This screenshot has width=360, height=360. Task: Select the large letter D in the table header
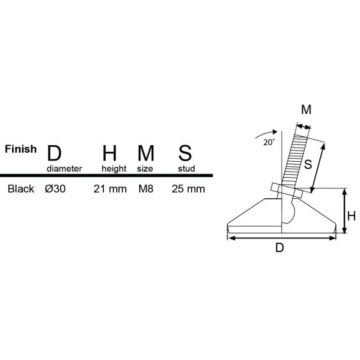point(54,153)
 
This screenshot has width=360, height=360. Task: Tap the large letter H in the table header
point(110,153)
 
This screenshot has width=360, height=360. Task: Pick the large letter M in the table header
point(146,153)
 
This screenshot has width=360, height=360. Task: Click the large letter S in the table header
point(184,153)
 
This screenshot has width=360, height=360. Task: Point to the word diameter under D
point(64,168)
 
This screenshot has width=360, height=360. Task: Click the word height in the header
point(114,168)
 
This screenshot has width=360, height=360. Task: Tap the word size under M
point(145,168)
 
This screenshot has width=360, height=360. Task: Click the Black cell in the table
point(20,189)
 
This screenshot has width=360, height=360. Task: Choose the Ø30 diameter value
point(55,189)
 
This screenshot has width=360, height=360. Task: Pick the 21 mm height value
point(110,189)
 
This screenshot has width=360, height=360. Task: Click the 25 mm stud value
point(188,189)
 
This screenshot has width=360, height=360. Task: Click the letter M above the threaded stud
point(306,110)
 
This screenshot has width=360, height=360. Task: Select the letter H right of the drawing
point(351,217)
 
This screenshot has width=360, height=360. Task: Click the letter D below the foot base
point(280,248)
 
